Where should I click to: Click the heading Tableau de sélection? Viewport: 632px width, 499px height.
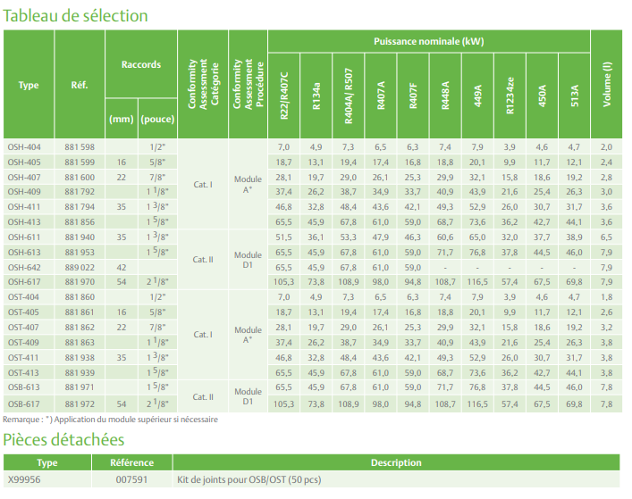(75, 15)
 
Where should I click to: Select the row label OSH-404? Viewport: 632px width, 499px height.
(24, 146)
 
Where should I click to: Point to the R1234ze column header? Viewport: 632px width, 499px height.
(509, 94)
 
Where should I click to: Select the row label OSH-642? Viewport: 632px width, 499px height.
(24, 268)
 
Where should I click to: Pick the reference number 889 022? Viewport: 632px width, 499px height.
(80, 268)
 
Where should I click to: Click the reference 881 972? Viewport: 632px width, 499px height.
(80, 404)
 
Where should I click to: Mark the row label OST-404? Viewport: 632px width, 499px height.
(24, 297)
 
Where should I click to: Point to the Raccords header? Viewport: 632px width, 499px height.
(140, 64)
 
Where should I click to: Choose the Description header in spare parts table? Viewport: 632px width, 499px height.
(396, 463)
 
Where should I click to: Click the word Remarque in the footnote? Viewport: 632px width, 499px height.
(21, 420)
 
